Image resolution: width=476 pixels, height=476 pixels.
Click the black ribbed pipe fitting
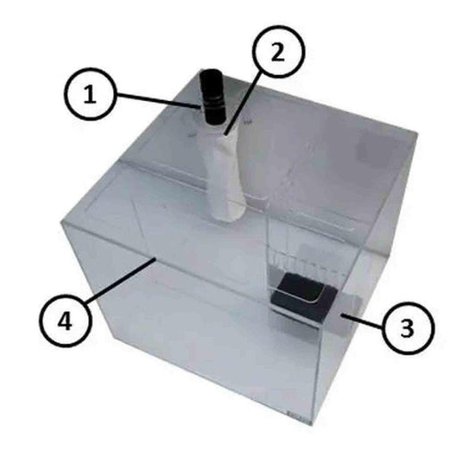click(x=213, y=97)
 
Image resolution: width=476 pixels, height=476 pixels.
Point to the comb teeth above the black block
click(x=300, y=265)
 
